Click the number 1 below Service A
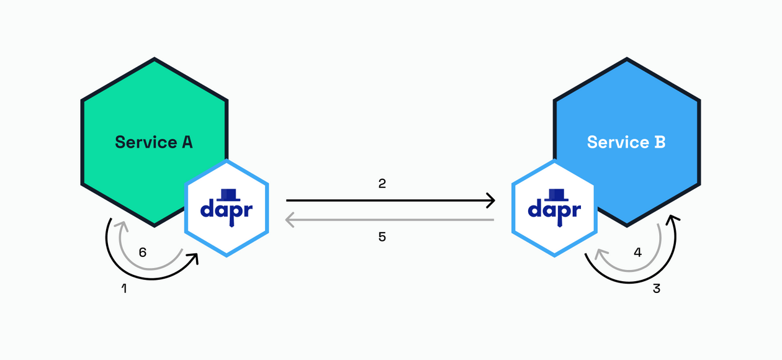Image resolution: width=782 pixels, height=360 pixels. (124, 289)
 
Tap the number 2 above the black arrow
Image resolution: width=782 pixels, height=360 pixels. (382, 184)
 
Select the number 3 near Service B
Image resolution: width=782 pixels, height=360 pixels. (657, 289)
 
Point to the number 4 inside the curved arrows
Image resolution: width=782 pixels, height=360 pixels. (637, 253)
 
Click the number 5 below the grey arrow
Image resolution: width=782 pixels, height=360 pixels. (382, 236)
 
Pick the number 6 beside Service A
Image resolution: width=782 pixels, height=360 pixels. (143, 253)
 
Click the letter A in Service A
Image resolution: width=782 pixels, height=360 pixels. (187, 142)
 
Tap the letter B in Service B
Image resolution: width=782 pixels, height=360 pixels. (660, 142)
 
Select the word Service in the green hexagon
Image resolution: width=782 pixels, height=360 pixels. (146, 142)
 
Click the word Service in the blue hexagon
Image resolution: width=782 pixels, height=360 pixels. (618, 142)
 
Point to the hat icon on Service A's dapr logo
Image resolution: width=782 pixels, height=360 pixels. (226, 192)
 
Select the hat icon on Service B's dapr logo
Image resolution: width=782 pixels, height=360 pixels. (554, 192)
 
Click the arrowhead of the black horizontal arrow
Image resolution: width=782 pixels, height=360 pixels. (492, 200)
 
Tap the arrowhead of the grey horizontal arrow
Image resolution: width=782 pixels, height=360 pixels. (289, 220)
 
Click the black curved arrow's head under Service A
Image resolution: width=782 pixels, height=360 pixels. (195, 256)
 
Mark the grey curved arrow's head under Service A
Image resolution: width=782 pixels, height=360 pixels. (122, 225)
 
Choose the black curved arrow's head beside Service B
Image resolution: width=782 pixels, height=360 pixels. (672, 218)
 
